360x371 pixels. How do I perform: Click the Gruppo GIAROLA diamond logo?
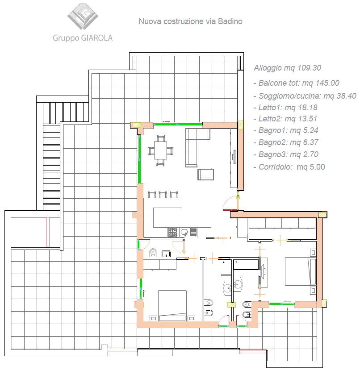pos(83,17)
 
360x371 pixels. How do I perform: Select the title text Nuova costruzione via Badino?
pos(191,21)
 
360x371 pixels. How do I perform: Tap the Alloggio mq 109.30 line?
pos(287,68)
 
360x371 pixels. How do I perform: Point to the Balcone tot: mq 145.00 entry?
pos(296,83)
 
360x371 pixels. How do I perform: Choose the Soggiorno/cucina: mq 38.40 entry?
pos(305,96)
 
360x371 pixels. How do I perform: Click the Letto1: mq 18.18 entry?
pos(285,108)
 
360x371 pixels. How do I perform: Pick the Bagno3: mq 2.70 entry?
pos(286,154)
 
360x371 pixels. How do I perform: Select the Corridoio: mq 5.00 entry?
pos(289,167)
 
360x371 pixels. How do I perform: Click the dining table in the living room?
pos(160,150)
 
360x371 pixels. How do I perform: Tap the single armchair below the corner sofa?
pos(205,175)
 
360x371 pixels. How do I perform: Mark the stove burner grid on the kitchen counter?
pos(172,232)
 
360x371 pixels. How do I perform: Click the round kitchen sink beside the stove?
pos(184,232)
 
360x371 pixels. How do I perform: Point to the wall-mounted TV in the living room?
pos(234,156)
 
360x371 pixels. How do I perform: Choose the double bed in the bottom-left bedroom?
pos(172,306)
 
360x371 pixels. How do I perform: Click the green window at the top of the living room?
pos(177,124)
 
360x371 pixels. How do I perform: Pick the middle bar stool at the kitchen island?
pos(163,195)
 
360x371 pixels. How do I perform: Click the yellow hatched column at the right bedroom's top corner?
pos(322,215)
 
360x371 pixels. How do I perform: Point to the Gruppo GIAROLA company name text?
pos(83,38)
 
